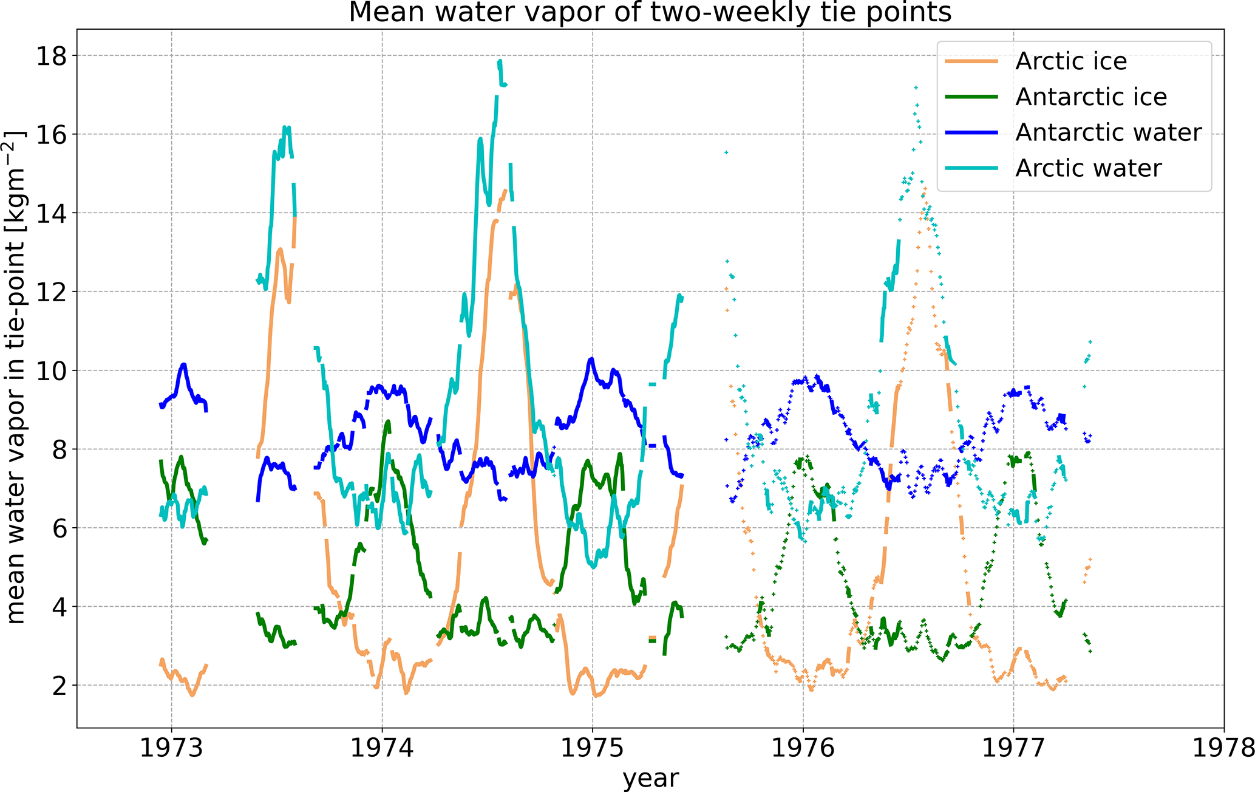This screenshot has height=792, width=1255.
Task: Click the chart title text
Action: (x=650, y=12)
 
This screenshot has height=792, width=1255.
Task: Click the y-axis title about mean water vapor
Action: (x=16, y=377)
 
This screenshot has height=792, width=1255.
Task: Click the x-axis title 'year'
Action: (x=650, y=778)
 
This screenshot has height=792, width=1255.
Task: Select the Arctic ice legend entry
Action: (x=1070, y=61)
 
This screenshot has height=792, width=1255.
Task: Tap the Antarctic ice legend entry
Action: (x=1090, y=97)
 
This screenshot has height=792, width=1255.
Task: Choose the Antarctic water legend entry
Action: (x=1108, y=132)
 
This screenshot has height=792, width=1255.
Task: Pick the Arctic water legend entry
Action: (x=1088, y=168)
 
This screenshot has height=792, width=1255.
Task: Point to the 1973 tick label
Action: (x=171, y=748)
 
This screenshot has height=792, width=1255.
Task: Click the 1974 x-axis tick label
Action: (x=382, y=748)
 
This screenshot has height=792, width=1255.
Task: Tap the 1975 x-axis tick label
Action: (x=593, y=748)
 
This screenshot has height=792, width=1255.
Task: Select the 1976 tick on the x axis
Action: (x=803, y=748)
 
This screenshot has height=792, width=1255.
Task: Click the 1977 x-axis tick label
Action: (x=1013, y=748)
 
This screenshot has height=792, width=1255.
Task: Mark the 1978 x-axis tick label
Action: (x=1223, y=748)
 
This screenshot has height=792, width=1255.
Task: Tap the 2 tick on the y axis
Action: (x=59, y=686)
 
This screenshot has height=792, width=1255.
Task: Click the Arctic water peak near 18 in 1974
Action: (x=499, y=61)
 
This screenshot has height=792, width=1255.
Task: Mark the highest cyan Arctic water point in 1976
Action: (x=916, y=87)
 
